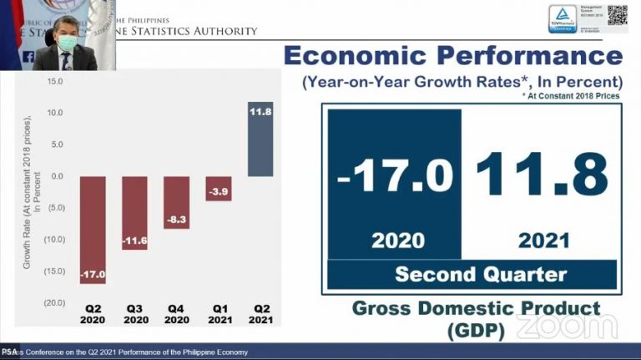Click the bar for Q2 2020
pos(93,230)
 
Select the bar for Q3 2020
pos(134,213)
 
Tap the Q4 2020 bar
pos(176,202)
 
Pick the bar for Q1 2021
pos(219,188)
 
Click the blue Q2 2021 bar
pos(260,139)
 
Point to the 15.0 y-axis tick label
pos(56,82)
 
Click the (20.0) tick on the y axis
pos(54,302)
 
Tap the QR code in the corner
pos(617,14)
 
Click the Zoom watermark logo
pos(567,327)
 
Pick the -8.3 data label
pos(176,218)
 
